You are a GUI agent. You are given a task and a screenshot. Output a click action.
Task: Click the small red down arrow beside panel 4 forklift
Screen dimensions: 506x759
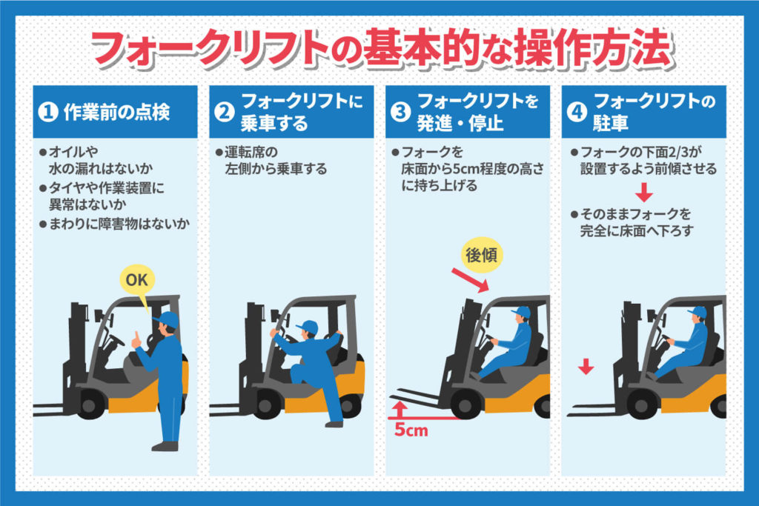click(586, 367)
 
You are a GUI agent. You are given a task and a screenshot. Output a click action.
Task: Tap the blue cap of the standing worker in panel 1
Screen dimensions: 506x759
click(167, 319)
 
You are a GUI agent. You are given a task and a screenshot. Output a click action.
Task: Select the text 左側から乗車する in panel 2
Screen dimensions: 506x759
click(276, 170)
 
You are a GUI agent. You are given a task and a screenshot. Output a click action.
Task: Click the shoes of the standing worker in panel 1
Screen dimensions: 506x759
click(165, 446)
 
